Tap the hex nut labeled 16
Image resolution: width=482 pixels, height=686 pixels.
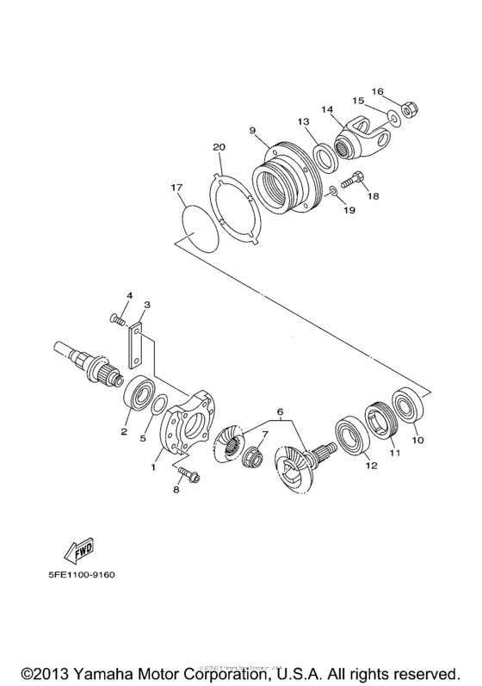(x=411, y=110)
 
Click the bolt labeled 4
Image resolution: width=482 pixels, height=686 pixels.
(x=114, y=319)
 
